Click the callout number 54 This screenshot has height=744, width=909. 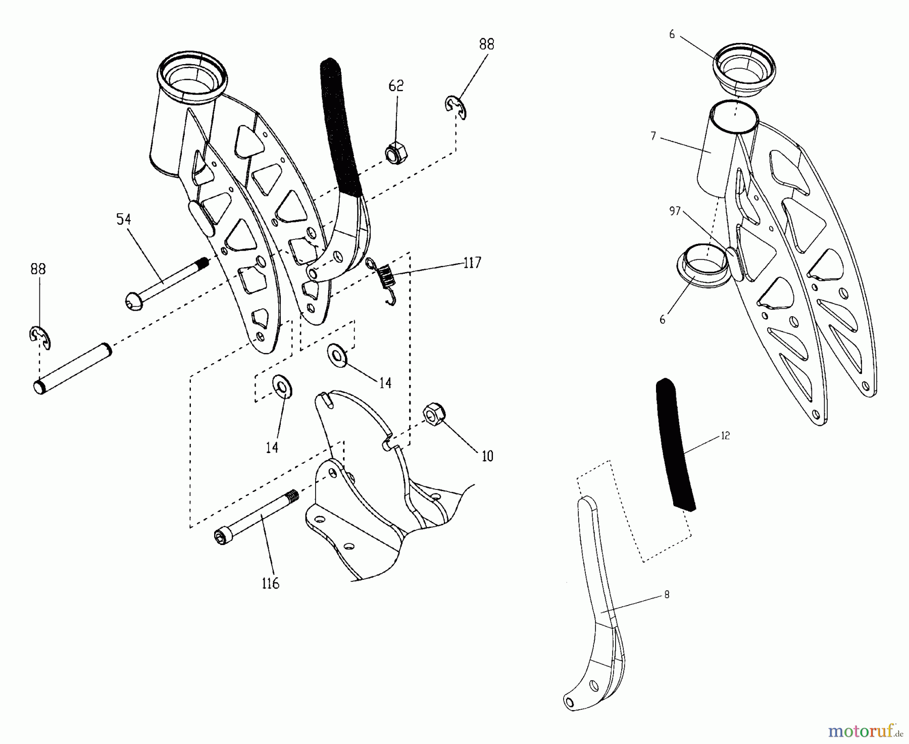pos(124,219)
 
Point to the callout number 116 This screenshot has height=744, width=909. pos(270,584)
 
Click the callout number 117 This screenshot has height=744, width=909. pos(472,263)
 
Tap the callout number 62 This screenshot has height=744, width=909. pos(396,86)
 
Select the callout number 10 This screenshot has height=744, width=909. pos(487,457)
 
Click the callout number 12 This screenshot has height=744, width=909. pos(725,435)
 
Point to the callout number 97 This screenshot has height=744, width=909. pos(676,212)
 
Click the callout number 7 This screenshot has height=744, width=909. pos(653,136)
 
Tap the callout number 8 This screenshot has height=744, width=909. pos(667,595)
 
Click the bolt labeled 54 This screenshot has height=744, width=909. pos(167,282)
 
